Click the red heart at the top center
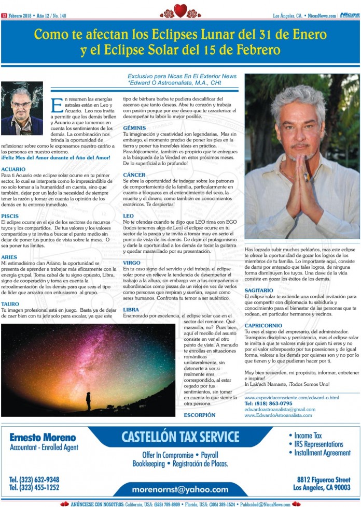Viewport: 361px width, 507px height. pos(180,10)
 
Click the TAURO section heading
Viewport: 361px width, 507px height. pos(10,304)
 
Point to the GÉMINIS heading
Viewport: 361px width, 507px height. pos(134,127)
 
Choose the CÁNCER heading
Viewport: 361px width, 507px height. pos(134,175)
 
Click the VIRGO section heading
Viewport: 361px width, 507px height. pos(132,263)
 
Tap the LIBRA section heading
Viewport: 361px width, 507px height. pos(131,309)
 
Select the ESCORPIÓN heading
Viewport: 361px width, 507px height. pos(200,415)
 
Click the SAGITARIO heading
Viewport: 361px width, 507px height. pos(259,291)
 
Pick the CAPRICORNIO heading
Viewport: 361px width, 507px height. pos(263,325)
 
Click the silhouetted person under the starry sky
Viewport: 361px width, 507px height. pos(88,401)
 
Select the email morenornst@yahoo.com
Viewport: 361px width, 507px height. pos(179,489)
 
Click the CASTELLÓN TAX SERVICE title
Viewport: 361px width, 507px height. pos(180,437)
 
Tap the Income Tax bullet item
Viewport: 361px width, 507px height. pos(308,436)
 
